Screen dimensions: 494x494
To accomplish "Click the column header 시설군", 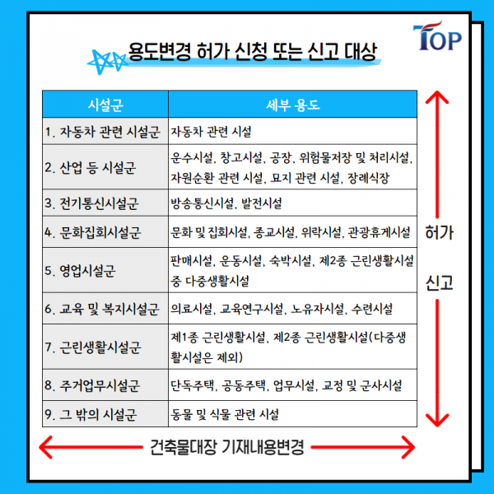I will [x=105, y=105].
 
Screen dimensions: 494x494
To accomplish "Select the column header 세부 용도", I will [x=293, y=105].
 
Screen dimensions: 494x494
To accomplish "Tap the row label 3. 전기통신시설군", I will [x=92, y=202].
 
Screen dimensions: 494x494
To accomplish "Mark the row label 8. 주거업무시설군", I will [x=92, y=384].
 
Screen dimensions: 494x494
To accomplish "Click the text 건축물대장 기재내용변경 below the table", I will [x=228, y=449].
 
